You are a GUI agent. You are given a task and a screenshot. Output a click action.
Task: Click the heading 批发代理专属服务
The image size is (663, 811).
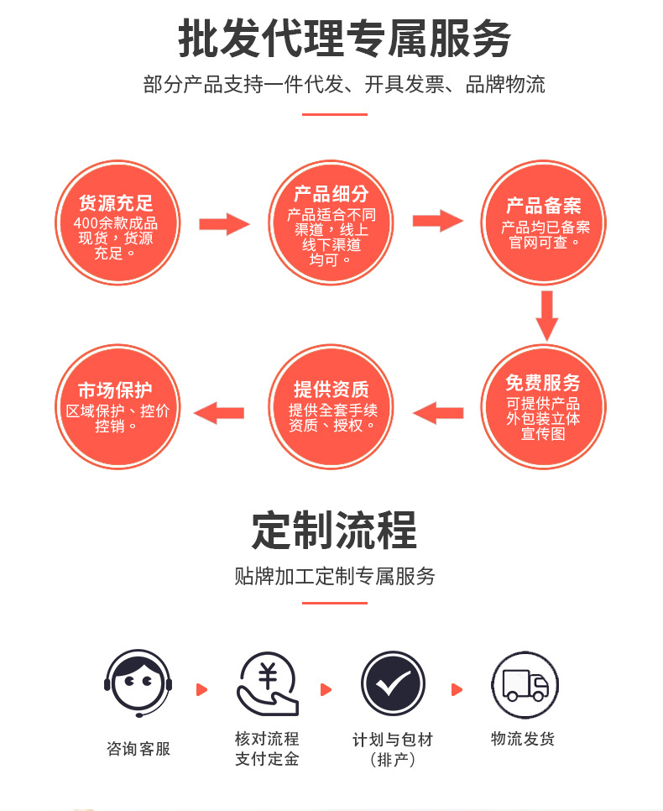[x=344, y=39]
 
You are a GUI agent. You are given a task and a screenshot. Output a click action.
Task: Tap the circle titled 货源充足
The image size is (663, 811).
[x=117, y=222]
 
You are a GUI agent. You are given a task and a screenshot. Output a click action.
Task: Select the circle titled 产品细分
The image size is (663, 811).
[x=331, y=222]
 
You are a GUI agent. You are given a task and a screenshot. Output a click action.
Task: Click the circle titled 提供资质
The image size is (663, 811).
[x=331, y=406]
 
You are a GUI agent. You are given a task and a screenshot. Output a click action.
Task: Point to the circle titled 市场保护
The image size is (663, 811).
[x=117, y=406]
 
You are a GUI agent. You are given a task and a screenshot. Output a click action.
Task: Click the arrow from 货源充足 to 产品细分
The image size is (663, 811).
[x=224, y=224]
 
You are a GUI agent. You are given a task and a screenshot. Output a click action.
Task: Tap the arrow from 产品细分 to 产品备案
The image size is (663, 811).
[x=437, y=221]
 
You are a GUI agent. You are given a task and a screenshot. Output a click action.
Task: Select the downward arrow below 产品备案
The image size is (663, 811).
[x=547, y=315]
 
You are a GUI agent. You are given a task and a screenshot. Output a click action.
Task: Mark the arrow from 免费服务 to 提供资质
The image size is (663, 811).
[x=437, y=412]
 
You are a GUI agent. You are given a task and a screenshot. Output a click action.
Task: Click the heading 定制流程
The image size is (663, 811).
[x=334, y=530]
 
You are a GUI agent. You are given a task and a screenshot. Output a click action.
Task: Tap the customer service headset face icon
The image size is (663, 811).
[x=138, y=684]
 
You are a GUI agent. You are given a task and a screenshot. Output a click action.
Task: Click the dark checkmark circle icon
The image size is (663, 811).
[x=393, y=684]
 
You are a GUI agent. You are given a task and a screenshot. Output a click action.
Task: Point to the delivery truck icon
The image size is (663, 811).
[x=525, y=684]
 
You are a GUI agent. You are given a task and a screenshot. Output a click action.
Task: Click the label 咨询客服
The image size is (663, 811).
[x=138, y=749]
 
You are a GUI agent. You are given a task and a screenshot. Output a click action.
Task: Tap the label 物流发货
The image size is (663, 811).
[x=523, y=739]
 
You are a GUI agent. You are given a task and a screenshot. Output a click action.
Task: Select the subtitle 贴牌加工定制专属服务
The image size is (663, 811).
[x=335, y=576]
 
